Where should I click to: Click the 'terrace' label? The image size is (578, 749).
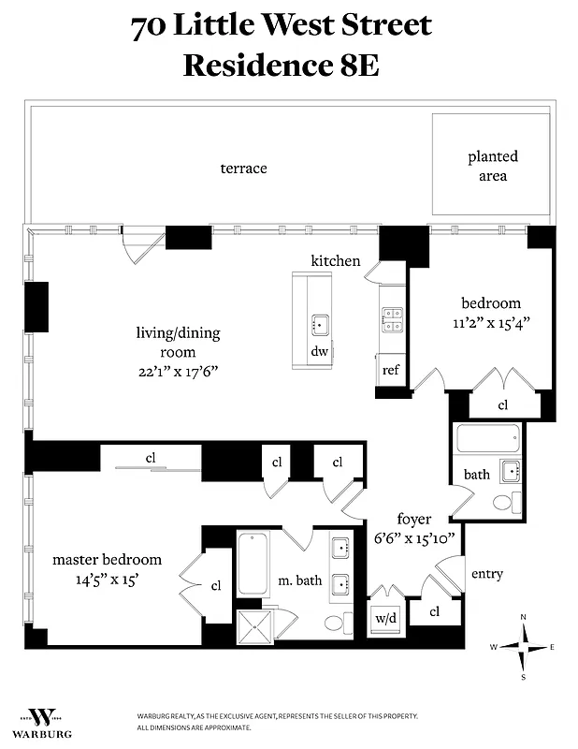pyautogui.click(x=243, y=169)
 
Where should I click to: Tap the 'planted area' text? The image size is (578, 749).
pyautogui.click(x=493, y=166)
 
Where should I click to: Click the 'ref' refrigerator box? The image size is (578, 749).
pyautogui.click(x=391, y=370)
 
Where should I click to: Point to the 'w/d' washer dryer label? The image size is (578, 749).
pyautogui.click(x=385, y=618)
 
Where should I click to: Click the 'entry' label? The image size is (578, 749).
pyautogui.click(x=486, y=574)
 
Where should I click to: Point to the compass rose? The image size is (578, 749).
pyautogui.click(x=523, y=646)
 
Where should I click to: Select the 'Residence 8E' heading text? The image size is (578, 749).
pyautogui.click(x=281, y=66)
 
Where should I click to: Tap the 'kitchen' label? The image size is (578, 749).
pyautogui.click(x=336, y=260)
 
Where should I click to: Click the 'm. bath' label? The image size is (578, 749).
pyautogui.click(x=299, y=580)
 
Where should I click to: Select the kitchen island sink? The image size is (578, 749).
pyautogui.click(x=318, y=325)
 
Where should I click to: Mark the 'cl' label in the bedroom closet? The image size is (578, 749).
pyautogui.click(x=502, y=405)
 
